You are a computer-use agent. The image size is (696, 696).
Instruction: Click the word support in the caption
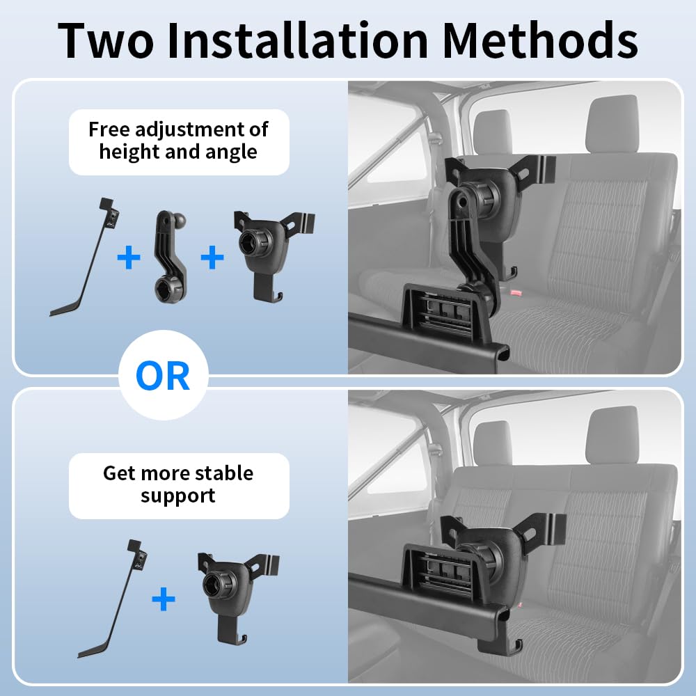pyautogui.click(x=178, y=496)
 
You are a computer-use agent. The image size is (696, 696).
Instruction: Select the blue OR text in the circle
pyautogui.click(x=163, y=376)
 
